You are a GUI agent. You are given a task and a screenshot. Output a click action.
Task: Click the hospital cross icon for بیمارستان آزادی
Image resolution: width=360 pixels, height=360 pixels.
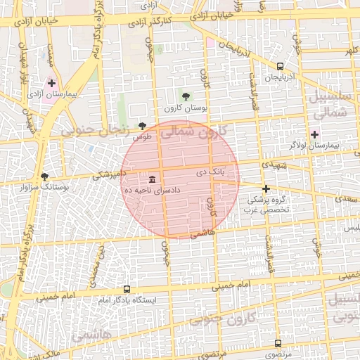pos(51,83)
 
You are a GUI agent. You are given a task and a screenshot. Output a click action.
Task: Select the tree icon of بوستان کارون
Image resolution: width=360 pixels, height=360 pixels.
pos(186,96)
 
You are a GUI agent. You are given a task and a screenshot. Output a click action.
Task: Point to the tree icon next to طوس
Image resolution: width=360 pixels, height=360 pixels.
pos(143,125)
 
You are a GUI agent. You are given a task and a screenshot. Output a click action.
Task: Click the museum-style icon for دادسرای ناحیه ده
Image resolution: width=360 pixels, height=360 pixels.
pos(153,180)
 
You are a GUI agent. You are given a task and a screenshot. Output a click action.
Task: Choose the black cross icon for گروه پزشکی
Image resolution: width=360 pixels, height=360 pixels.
pos(266,188)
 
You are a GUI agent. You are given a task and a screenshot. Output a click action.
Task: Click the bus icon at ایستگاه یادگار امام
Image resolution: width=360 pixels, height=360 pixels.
pos(127,289)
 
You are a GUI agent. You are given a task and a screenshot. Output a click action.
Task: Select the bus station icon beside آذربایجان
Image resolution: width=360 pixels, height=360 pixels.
pos(281,65)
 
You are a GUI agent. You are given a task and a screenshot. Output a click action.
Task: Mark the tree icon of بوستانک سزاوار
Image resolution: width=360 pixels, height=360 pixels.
pos(45,176)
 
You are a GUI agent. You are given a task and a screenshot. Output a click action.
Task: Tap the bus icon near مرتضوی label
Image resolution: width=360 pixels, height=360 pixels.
pos(278,343)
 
